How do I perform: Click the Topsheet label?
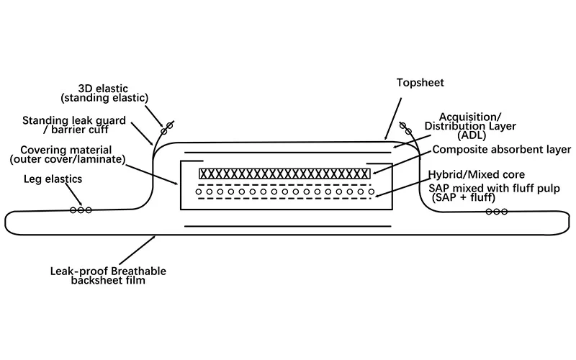point(420,82)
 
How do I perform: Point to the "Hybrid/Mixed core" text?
point(481,175)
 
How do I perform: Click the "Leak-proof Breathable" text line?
point(108,271)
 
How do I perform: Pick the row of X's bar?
point(284,174)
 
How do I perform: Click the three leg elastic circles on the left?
point(81,210)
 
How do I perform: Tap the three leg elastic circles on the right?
point(496,212)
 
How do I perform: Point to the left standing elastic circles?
point(166,127)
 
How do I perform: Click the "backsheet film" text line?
point(108,280)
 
